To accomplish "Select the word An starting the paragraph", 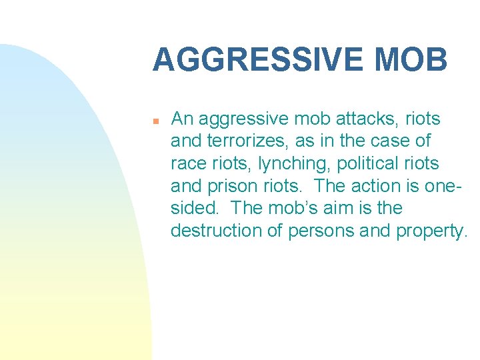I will point(182,119).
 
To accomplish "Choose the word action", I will point(363,186).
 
